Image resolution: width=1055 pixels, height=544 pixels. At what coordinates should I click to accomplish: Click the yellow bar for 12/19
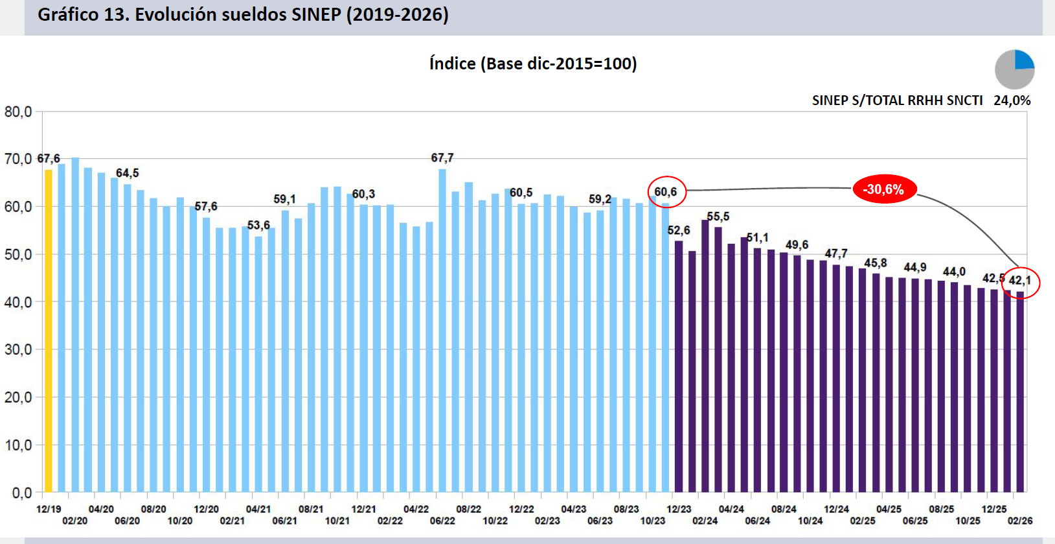coord(49,331)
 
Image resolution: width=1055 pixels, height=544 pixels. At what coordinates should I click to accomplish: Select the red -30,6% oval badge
coord(884,189)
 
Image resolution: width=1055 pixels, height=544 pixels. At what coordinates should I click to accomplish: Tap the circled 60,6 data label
coord(666,192)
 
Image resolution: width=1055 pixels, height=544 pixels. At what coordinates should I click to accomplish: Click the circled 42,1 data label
coord(1020,281)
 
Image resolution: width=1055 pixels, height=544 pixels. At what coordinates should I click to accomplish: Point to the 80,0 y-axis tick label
coord(18,112)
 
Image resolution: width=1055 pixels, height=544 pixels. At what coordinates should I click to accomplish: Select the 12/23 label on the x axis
coord(679,509)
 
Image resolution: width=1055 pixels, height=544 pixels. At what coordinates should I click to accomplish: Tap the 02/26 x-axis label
coord(1020,521)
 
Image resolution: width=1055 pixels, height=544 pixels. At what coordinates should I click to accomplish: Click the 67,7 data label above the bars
coord(442,158)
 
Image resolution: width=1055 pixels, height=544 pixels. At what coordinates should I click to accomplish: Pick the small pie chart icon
coord(1014,69)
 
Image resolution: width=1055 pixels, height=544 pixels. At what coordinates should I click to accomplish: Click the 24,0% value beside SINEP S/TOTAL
coord(1012,101)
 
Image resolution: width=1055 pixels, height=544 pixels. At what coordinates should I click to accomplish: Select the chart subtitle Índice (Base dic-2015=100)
coord(533,64)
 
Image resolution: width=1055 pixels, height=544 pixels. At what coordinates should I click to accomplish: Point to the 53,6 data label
coord(258,225)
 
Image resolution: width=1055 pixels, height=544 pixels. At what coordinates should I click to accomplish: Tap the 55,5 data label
coord(718,217)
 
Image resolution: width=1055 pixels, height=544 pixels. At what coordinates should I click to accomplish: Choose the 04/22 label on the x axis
coord(416,509)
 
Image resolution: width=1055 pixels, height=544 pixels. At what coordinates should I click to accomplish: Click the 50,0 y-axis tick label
coord(18,254)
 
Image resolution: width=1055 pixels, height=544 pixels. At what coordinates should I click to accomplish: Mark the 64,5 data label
coord(128,173)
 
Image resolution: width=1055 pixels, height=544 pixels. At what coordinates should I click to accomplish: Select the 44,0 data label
coord(954,272)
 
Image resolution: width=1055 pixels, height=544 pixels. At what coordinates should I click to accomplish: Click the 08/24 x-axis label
coord(784,509)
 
